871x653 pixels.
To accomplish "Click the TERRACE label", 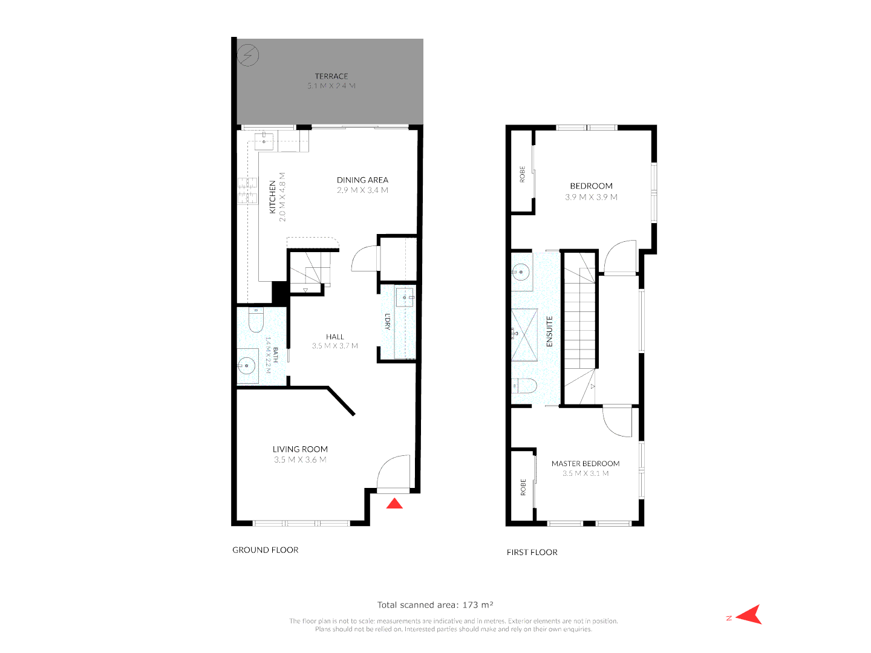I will (x=331, y=76).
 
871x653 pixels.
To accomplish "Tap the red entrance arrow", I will (x=394, y=503).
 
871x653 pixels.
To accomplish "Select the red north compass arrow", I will (x=751, y=614).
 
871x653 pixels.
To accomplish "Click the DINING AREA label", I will (x=362, y=180).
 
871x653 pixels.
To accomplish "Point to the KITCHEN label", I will (x=272, y=197).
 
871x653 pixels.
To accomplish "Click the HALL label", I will (x=334, y=337).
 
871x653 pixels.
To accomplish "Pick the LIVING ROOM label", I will (x=300, y=449).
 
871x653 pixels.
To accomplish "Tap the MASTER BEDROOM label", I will (x=586, y=464).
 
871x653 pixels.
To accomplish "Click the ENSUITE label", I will (x=550, y=331).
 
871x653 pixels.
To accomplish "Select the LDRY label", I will (x=388, y=321).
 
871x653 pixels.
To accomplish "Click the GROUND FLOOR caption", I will (x=266, y=550).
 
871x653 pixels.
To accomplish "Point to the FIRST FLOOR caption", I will (x=532, y=552).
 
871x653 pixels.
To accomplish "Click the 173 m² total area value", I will (x=478, y=605).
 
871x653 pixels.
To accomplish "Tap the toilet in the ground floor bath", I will (x=256, y=320).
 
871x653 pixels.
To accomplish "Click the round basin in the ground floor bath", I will (x=246, y=365).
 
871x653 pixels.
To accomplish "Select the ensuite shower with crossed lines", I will (x=524, y=334).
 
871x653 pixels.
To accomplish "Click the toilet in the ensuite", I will (x=524, y=386).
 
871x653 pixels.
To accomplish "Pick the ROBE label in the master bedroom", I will (x=523, y=487).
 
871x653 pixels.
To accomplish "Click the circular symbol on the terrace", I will (x=248, y=56).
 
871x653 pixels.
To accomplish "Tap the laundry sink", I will (x=405, y=297).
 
